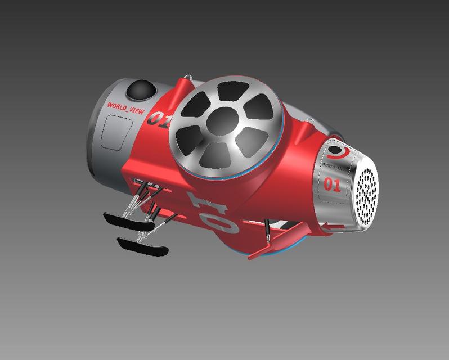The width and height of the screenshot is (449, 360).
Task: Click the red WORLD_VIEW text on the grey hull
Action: click(125, 107)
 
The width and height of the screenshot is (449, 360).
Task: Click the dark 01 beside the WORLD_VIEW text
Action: click(158, 119)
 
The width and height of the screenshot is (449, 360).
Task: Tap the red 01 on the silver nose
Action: click(332, 184)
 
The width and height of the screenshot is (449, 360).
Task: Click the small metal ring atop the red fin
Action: click(187, 76)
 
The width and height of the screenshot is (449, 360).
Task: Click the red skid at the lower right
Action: click(270, 248)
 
